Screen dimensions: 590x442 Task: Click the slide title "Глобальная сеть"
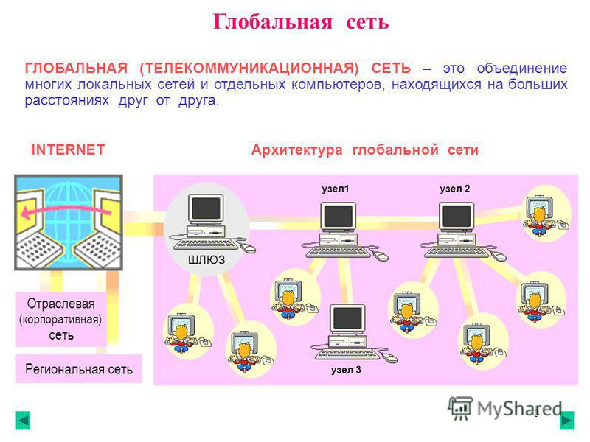point(301,21)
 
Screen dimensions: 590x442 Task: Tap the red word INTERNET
point(68,150)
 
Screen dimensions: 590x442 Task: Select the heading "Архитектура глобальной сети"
point(364,150)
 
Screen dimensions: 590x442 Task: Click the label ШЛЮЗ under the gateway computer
point(206,259)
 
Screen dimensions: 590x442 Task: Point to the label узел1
point(336,189)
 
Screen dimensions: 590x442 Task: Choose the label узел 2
point(455,189)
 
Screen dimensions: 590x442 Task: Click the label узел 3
point(346,370)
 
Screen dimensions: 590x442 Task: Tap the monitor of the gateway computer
point(206,208)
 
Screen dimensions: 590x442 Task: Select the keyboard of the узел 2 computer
point(457,252)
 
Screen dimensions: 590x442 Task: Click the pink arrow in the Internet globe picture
point(66,211)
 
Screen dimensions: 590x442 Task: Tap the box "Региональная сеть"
point(79,369)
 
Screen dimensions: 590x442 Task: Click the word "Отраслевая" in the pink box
point(61,304)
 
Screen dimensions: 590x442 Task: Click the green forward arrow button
point(566,420)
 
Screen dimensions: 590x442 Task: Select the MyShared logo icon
point(459,408)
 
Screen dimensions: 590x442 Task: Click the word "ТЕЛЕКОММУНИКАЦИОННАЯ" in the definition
point(249,68)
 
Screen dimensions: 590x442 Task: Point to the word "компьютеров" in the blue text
point(339,84)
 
